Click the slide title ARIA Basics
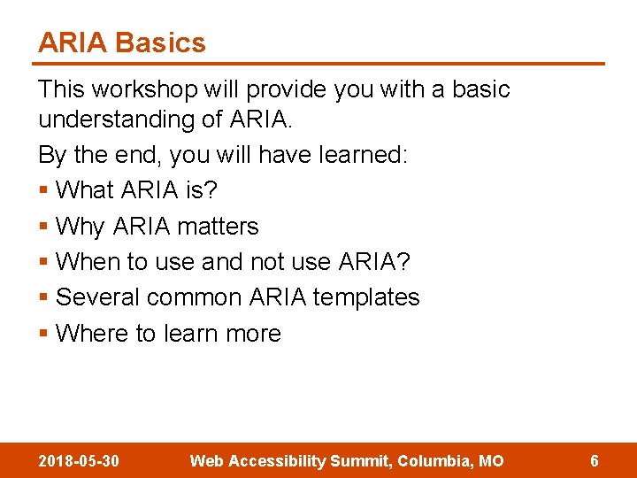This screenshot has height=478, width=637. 121,42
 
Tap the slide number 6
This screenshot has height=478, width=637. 595,460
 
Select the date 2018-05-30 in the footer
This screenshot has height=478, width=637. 80,460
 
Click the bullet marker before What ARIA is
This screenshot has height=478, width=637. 43,191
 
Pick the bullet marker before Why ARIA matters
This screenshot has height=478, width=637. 43,227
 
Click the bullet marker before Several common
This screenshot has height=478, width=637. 43,297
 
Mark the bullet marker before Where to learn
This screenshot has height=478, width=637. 43,334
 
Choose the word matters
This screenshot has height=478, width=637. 218,227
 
